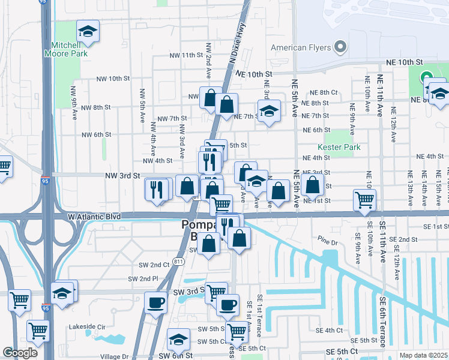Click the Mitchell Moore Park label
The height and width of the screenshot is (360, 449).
point(65,49)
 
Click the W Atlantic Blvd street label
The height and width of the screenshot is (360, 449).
point(94,216)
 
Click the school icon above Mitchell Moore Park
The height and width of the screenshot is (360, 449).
point(88,32)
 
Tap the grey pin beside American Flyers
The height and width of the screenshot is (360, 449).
point(341,47)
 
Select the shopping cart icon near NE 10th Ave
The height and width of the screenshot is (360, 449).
point(364,200)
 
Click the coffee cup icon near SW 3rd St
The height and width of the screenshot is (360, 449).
point(156,302)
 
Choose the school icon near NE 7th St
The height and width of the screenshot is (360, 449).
point(270,111)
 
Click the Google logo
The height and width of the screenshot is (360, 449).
point(20,353)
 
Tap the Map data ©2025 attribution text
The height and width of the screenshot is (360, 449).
point(423,355)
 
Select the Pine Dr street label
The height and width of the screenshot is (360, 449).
point(330,238)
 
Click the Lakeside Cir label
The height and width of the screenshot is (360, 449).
point(88,327)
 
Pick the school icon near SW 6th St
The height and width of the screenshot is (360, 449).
point(178,340)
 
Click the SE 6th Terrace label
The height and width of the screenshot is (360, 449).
point(382,321)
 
